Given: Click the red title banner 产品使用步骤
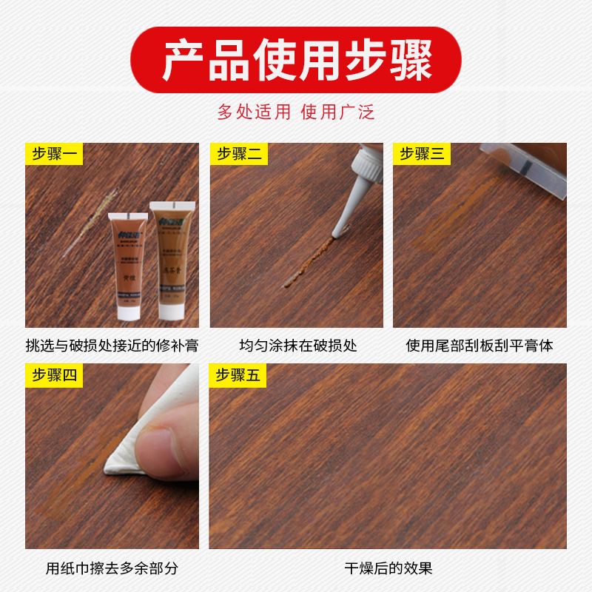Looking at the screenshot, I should [296, 61].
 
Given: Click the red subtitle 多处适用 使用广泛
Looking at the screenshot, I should [296, 112].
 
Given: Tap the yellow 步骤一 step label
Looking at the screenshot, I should [55, 154].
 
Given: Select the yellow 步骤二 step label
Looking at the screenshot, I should [238, 154].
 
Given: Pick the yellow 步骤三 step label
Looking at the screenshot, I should [421, 154].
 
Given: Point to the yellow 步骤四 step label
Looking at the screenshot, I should [55, 375].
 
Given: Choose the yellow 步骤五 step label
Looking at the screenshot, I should [238, 375].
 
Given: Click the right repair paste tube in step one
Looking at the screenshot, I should [172, 255].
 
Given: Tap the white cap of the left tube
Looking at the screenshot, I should [127, 312].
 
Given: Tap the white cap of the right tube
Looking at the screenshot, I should [172, 308].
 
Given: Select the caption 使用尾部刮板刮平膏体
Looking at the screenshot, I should [480, 346].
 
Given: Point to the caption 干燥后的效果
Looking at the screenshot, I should [388, 568].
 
